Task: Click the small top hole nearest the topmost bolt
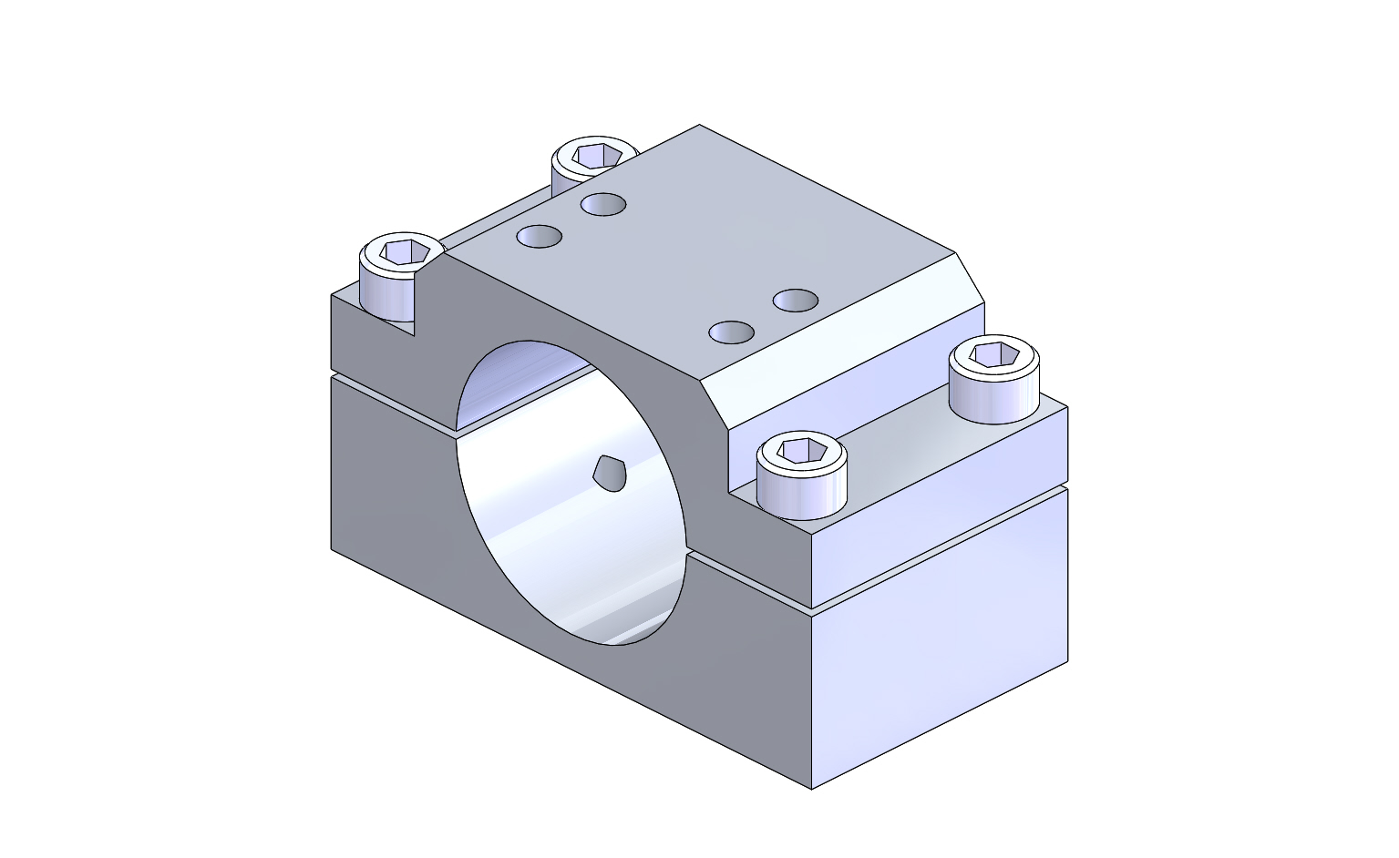pyautogui.click(x=602, y=204)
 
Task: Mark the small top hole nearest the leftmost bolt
pyautogui.click(x=539, y=237)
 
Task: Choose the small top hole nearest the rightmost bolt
pyautogui.click(x=795, y=300)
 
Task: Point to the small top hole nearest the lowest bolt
pyautogui.click(x=731, y=332)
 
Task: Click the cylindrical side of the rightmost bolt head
pyautogui.click(x=993, y=396)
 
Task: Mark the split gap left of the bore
pyautogui.click(x=392, y=400)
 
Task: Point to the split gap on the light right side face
pyautogui.click(x=939, y=546)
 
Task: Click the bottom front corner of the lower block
pyautogui.click(x=811, y=788)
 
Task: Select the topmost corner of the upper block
pyautogui.click(x=699, y=126)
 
